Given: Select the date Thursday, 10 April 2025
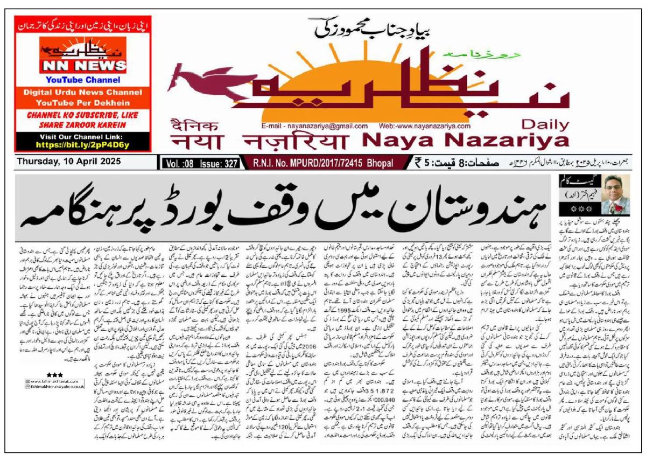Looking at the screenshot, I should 69,161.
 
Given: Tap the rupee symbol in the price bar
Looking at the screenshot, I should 418,163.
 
